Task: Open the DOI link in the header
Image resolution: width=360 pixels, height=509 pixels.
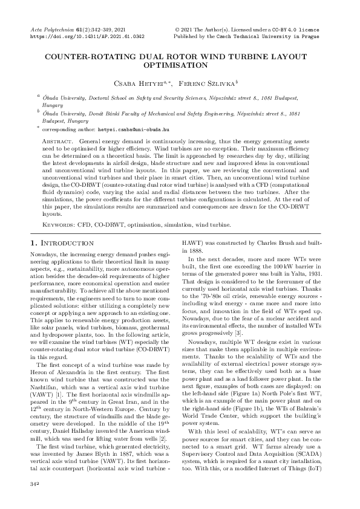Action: click(87, 36)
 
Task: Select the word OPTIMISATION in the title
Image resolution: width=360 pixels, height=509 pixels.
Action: click(180, 63)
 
